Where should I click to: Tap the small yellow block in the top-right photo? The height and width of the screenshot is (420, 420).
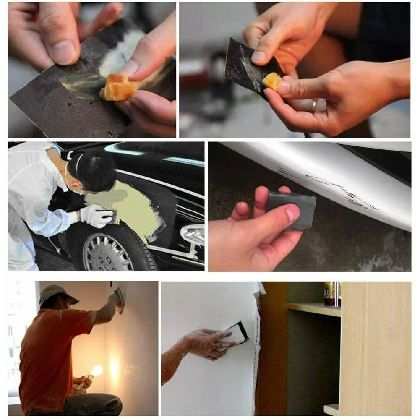[271, 81]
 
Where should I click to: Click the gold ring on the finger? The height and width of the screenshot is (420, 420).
[313, 104]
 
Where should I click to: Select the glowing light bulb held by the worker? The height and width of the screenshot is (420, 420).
[96, 370]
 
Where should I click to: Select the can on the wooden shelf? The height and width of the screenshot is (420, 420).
[333, 294]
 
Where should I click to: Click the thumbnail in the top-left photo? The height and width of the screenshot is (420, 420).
[63, 50]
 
